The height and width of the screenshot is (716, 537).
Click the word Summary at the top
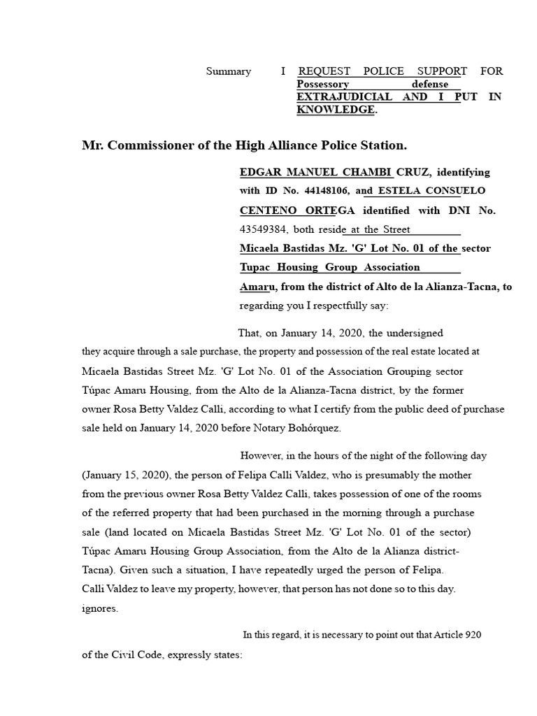(228, 71)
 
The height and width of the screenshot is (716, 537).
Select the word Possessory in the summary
(322, 84)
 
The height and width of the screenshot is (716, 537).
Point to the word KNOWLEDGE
(336, 110)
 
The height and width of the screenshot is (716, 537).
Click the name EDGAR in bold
(259, 172)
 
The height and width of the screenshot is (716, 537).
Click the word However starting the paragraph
(262, 456)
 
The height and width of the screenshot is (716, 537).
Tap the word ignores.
(100, 608)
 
